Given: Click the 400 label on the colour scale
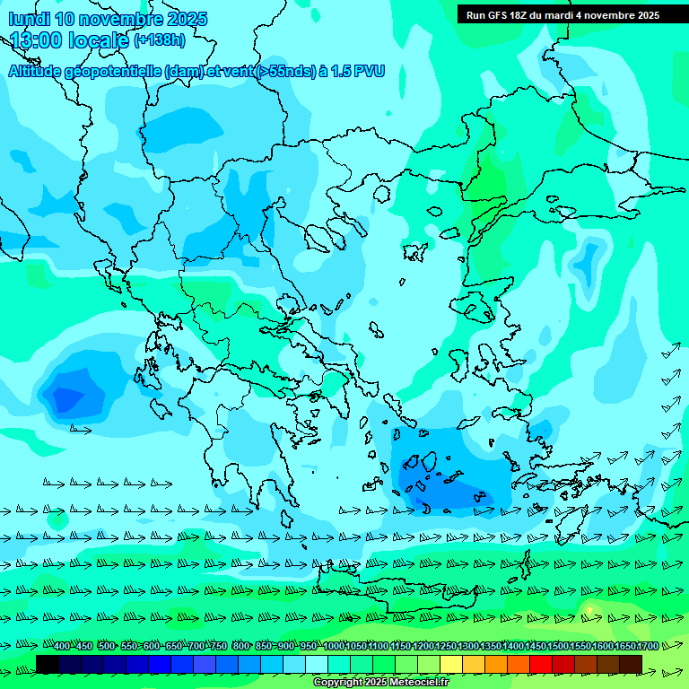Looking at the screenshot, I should (x=61, y=646).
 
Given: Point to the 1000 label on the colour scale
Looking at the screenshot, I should (x=334, y=646).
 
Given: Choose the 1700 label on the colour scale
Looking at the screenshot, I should (x=648, y=646).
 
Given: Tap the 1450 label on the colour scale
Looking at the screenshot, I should (x=536, y=646).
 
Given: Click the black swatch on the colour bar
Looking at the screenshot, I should (x=48, y=664).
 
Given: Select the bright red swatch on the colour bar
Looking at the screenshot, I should (x=541, y=664).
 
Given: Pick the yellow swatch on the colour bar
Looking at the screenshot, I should (x=451, y=664).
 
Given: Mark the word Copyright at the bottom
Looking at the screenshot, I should (x=338, y=682).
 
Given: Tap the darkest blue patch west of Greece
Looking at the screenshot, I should (x=67, y=396).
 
